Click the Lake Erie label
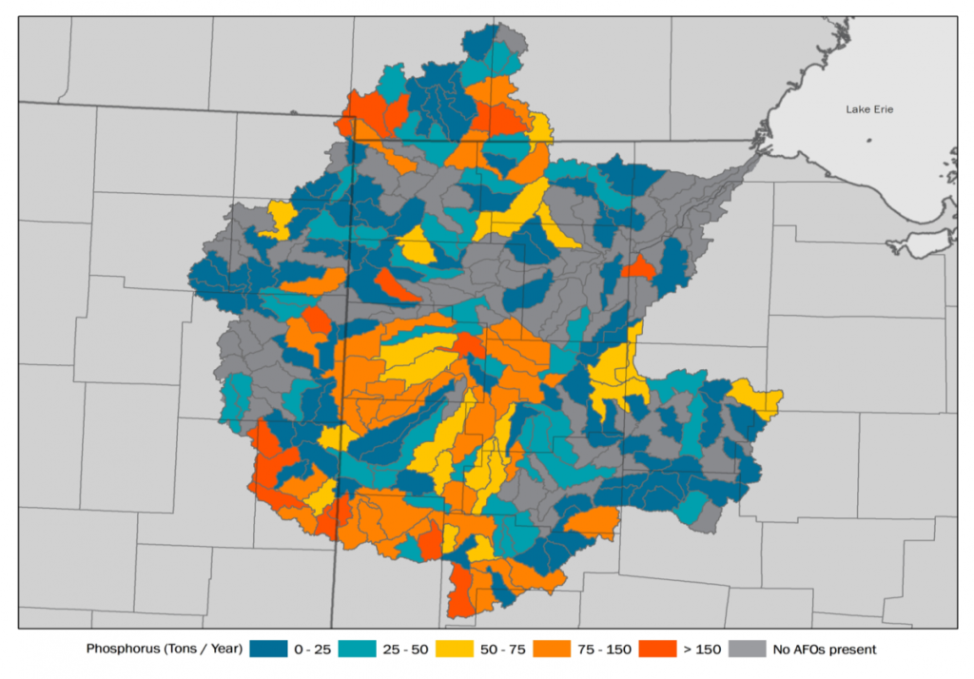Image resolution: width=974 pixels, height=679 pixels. (869, 109)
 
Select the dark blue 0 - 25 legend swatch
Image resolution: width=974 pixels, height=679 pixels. (269, 650)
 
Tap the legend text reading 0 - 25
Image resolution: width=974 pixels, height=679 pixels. (313, 650)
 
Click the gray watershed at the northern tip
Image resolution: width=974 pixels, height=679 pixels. (512, 40)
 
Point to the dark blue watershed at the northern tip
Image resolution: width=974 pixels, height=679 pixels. (480, 43)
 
